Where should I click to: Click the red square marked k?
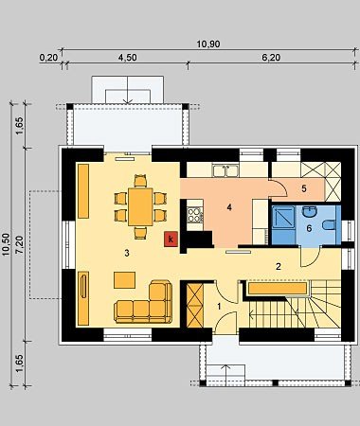[x=171, y=240]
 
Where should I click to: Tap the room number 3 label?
[x=127, y=253]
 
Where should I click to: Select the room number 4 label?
[x=229, y=207]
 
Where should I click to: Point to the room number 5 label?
[x=304, y=188]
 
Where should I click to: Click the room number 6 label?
[x=309, y=228]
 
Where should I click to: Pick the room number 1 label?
[x=220, y=306]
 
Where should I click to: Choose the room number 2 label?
[x=279, y=267]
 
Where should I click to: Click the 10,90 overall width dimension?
[x=208, y=44]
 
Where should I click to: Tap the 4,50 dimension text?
[x=127, y=58]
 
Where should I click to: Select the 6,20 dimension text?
[x=271, y=58]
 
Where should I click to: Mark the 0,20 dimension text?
[x=48, y=58]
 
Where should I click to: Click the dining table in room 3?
[x=140, y=206]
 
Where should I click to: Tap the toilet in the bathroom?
[x=329, y=224]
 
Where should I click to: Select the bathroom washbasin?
[x=310, y=212]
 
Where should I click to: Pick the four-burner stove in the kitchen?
[x=195, y=214]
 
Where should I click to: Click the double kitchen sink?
[x=225, y=170]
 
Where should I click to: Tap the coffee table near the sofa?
[x=125, y=280]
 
